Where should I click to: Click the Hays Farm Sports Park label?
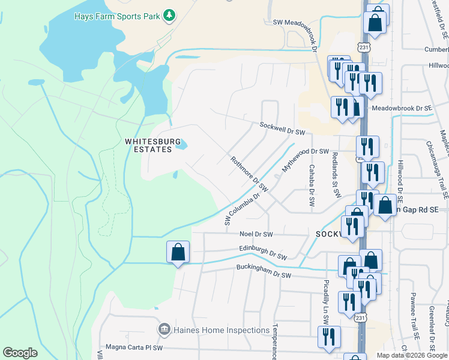(x=116, y=16)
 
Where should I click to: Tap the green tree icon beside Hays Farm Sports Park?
(x=170, y=15)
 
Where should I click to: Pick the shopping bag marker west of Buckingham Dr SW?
(x=178, y=253)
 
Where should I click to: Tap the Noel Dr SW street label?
(x=256, y=234)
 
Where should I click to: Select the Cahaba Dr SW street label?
(x=312, y=186)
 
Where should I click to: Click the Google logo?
(x=20, y=353)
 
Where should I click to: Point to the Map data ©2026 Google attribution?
(x=412, y=355)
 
